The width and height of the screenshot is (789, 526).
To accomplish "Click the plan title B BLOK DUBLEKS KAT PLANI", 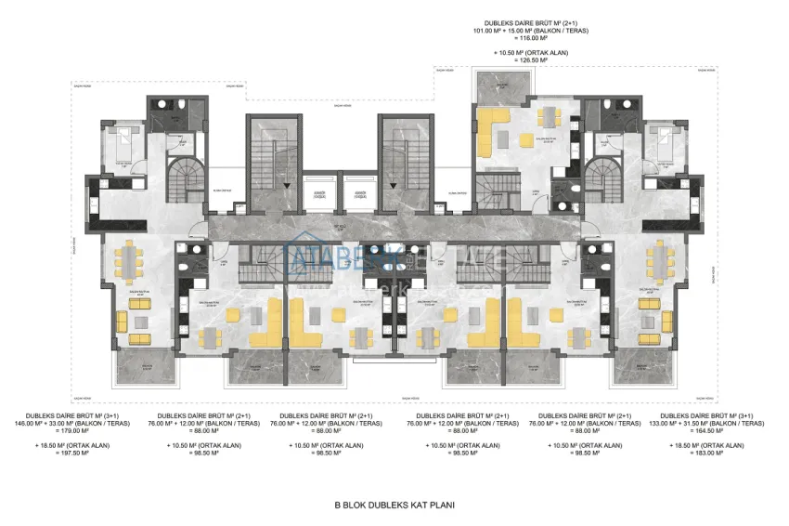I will (394, 507).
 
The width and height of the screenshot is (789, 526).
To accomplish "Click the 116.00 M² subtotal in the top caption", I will (536, 38).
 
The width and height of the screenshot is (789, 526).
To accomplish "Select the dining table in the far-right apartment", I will (659, 264).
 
